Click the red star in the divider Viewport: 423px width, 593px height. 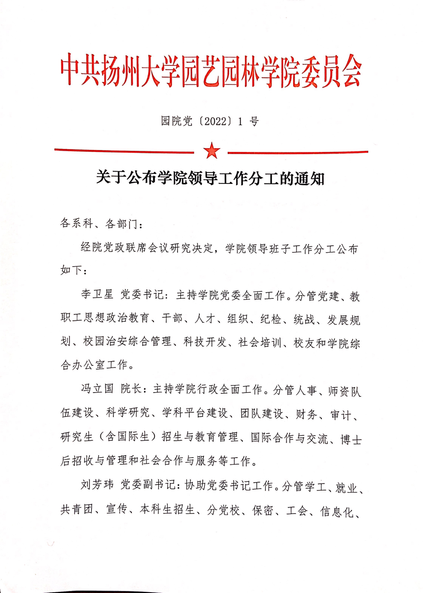[x=212, y=151]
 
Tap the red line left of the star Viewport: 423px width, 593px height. [x=123, y=151]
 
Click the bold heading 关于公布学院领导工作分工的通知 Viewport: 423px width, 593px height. [x=210, y=178]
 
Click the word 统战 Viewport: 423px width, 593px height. [x=304, y=319]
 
